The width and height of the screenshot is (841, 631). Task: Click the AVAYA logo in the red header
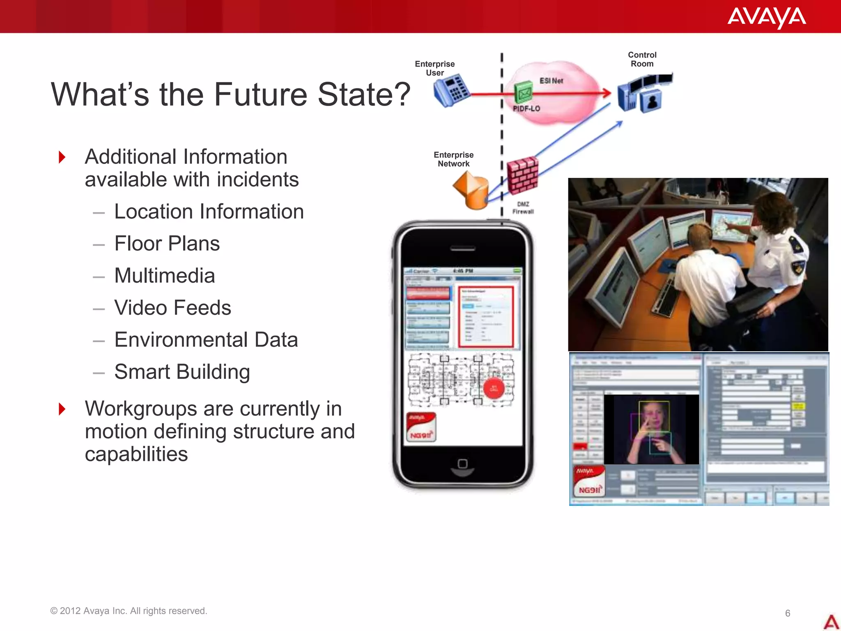[x=766, y=17]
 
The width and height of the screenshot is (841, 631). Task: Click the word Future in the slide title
[x=260, y=94]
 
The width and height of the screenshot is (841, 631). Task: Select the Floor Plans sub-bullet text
[x=167, y=244]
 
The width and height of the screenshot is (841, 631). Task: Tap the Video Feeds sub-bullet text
[x=172, y=308]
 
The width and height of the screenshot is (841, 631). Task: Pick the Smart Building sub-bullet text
[x=182, y=372]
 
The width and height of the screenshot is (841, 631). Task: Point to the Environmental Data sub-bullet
[x=206, y=340]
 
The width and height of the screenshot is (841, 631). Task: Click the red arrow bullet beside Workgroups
[x=62, y=409]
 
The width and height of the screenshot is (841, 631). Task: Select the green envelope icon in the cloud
[x=524, y=92]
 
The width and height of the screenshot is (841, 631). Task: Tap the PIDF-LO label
[x=526, y=108]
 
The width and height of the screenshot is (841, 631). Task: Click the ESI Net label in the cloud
[x=551, y=81]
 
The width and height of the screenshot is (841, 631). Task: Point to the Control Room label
[x=642, y=59]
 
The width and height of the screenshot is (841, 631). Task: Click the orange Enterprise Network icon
[x=472, y=190]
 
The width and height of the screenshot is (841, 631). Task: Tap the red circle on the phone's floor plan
[x=494, y=388]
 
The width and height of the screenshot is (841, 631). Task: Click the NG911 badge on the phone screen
[x=421, y=428]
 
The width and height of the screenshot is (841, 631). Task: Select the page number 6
[x=788, y=613]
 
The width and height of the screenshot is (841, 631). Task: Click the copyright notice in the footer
[x=129, y=611]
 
